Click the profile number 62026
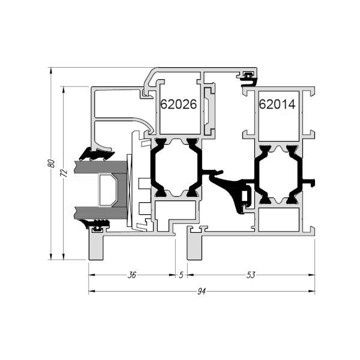coord(179,104)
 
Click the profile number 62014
coord(277,104)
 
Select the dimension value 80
coord(52,163)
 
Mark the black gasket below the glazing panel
coord(97,225)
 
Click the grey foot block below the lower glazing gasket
coord(97,246)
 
